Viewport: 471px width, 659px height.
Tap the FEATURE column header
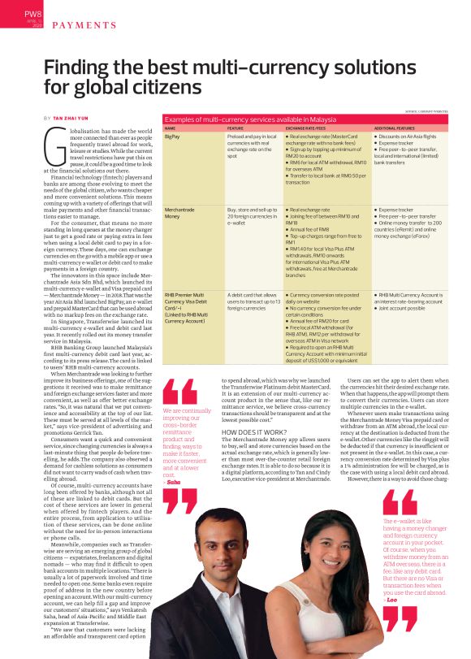click(235, 128)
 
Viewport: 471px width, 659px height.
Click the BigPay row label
click(172, 137)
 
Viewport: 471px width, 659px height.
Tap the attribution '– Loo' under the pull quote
click(391, 598)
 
